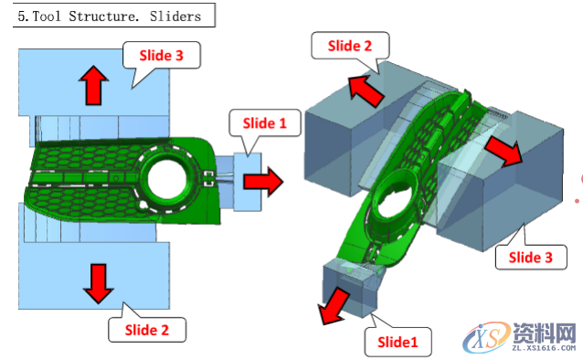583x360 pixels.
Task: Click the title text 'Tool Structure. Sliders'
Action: pyautogui.click(x=116, y=16)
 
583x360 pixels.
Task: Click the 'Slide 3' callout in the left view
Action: pyautogui.click(x=162, y=56)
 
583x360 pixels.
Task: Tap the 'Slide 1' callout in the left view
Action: pyautogui.click(x=265, y=123)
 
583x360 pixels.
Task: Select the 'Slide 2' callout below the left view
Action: pyautogui.click(x=147, y=330)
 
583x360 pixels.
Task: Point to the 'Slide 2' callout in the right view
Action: pyautogui.click(x=350, y=46)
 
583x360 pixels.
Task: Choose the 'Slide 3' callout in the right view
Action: pyautogui.click(x=531, y=258)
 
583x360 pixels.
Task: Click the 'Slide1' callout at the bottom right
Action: pyautogui.click(x=397, y=342)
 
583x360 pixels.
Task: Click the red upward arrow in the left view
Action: pyautogui.click(x=93, y=85)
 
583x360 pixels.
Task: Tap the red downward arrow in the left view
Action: pyautogui.click(x=98, y=283)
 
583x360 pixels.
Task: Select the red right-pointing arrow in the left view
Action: pyautogui.click(x=263, y=182)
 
